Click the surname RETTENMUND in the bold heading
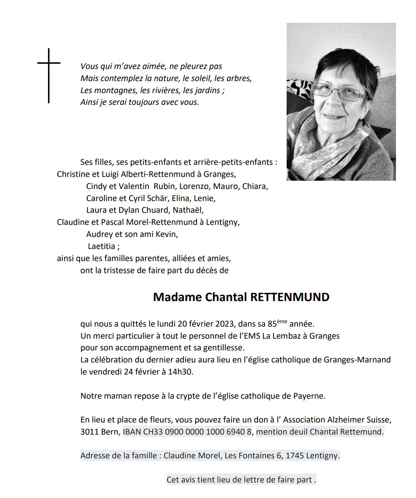pyautogui.click(x=290, y=297)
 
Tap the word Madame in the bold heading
pyautogui.click(x=178, y=297)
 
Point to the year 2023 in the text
pyautogui.click(x=225, y=324)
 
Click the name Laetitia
pyautogui.click(x=101, y=246)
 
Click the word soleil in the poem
pyautogui.click(x=201, y=78)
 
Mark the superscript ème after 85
pyautogui.click(x=282, y=321)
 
